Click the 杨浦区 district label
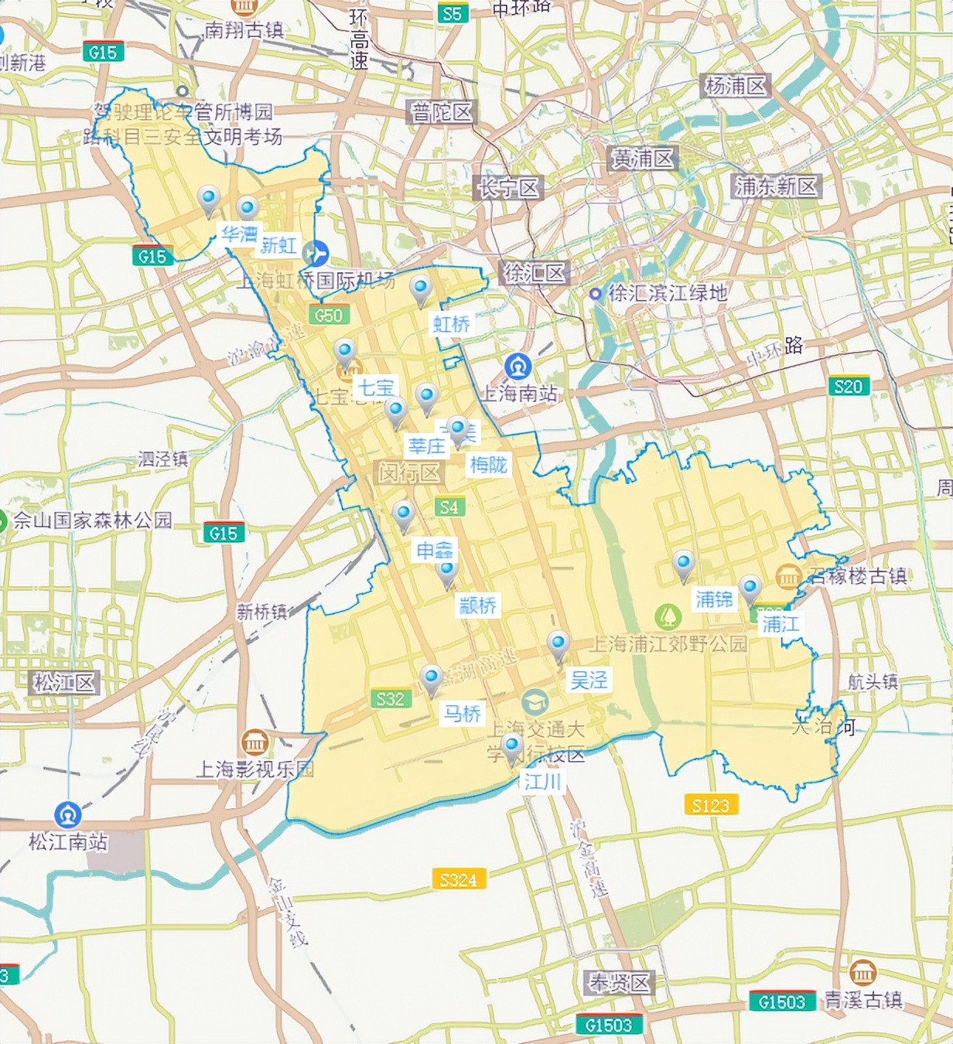735,86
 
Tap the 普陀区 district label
441,113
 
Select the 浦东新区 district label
775,186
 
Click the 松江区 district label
64,682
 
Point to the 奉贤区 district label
620,983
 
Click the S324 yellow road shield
458,879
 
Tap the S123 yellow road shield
710,805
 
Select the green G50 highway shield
329,316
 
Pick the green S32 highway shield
390,699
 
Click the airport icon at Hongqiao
316,253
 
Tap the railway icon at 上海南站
517,366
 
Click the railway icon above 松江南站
68,814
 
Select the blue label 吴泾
589,680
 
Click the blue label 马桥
462,712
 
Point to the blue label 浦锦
713,599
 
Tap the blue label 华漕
239,234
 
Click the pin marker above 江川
511,747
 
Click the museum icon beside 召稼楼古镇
788,576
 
